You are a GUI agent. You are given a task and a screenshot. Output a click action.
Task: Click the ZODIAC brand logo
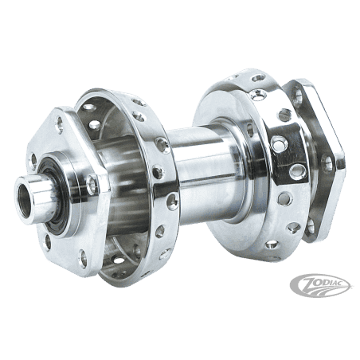(x=320, y=286)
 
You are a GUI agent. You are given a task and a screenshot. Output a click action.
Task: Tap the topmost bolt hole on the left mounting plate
(x=60, y=123)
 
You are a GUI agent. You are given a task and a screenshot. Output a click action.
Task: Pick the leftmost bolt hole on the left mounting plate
(x=34, y=161)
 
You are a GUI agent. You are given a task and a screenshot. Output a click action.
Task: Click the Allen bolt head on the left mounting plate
(x=92, y=183)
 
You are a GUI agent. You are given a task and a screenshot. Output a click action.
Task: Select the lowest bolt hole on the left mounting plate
(x=83, y=256)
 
